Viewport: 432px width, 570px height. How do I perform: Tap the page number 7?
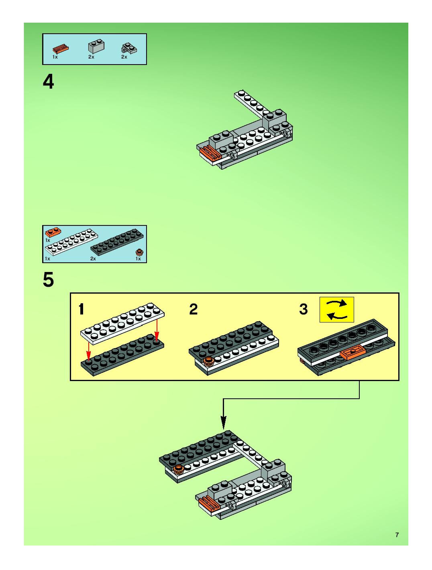(x=397, y=535)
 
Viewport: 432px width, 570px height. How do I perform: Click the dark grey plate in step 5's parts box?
(x=117, y=242)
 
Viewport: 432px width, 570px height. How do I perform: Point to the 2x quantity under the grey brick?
(x=91, y=57)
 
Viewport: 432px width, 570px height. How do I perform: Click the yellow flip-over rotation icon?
(x=337, y=309)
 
